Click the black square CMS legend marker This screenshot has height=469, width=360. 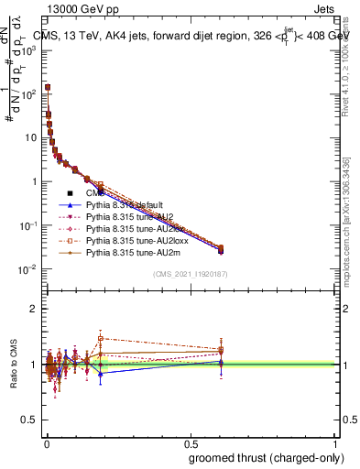click(x=70, y=193)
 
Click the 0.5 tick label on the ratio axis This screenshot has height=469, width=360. click(x=30, y=421)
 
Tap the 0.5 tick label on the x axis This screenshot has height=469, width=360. click(x=191, y=443)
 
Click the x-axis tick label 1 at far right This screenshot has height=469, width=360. click(x=335, y=443)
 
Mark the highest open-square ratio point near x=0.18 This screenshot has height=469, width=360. click(x=101, y=338)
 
